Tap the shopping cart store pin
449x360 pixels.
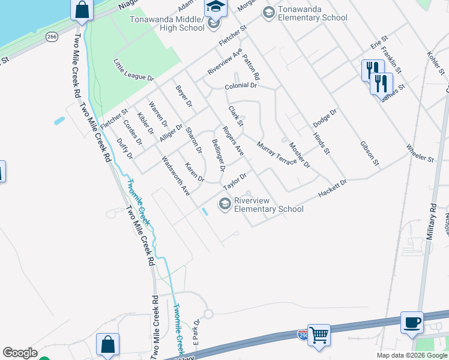318,335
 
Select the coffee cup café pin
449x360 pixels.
412,322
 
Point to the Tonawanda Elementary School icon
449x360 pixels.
268,12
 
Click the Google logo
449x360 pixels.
20,353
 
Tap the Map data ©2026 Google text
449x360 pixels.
412,355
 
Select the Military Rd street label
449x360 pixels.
430,223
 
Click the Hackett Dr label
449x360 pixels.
333,190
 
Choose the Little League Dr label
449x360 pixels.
134,70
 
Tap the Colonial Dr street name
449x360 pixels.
241,86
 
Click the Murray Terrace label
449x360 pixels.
276,153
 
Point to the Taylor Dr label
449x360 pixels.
235,182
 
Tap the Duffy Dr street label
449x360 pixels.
124,148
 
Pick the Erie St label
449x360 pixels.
376,45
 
